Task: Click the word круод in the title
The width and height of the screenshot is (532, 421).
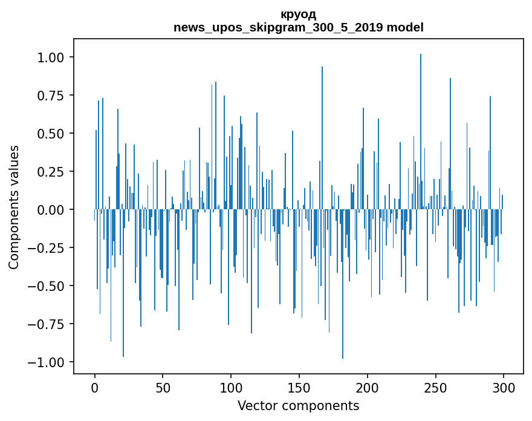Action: (298, 15)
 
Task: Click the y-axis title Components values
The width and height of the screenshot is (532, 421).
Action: (14, 207)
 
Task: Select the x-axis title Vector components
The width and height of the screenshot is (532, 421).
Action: (298, 406)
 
